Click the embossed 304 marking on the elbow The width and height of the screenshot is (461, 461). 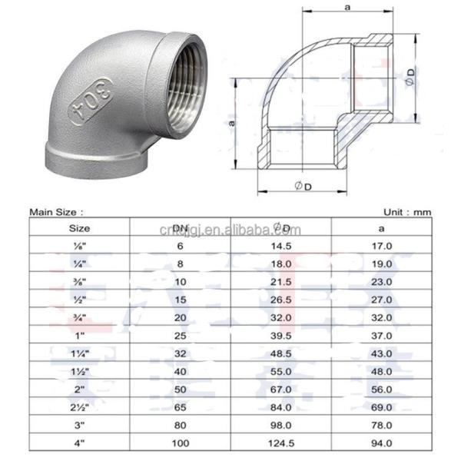pyautogui.click(x=91, y=98)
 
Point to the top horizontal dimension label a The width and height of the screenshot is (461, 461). pyautogui.click(x=347, y=7)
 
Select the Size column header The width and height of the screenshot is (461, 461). pyautogui.click(x=79, y=227)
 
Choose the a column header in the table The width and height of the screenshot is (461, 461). pyautogui.click(x=382, y=227)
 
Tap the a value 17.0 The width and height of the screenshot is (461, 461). pyautogui.click(x=382, y=246)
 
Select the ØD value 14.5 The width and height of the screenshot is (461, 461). pyautogui.click(x=281, y=246)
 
